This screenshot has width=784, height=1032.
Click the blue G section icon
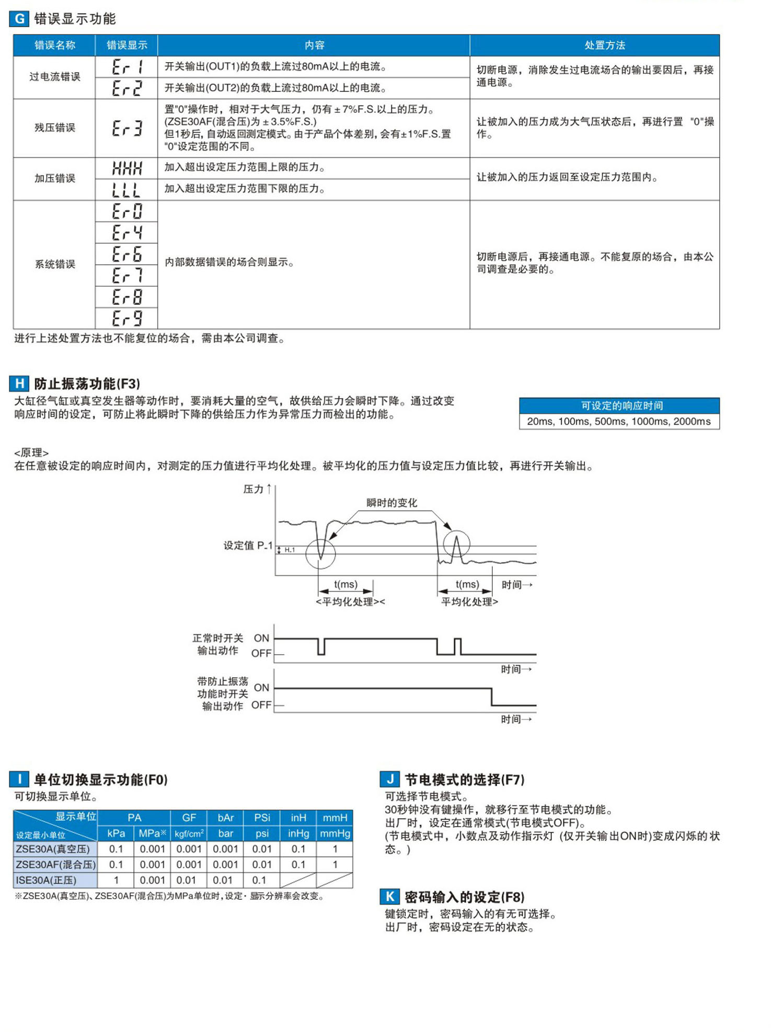pyautogui.click(x=19, y=19)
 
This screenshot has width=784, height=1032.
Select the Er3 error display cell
pyautogui.click(x=126, y=128)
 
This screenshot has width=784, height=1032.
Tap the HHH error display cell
pyautogui.click(x=126, y=168)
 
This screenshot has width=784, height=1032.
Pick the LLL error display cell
pyautogui.click(x=126, y=190)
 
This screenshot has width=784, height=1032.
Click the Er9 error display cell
pyautogui.click(x=126, y=318)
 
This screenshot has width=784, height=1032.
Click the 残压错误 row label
pyautogui.click(x=54, y=128)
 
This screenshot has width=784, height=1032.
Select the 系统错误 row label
pyautogui.click(x=54, y=264)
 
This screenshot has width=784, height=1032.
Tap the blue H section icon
pyautogui.click(x=19, y=384)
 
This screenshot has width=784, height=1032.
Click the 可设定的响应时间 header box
pyautogui.click(x=619, y=405)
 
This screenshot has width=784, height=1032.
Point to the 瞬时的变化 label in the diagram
pyautogui.click(x=391, y=503)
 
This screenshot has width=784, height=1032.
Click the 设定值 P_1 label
pyautogui.click(x=248, y=546)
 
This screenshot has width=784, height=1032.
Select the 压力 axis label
pyautogui.click(x=253, y=489)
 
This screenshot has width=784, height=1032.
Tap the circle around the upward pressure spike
pyautogui.click(x=456, y=544)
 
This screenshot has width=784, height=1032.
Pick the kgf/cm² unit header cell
pyautogui.click(x=189, y=833)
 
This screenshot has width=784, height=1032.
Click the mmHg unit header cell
pyautogui.click(x=335, y=833)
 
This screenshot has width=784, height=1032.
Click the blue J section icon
pyautogui.click(x=389, y=780)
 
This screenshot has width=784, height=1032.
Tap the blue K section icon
pyautogui.click(x=389, y=897)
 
